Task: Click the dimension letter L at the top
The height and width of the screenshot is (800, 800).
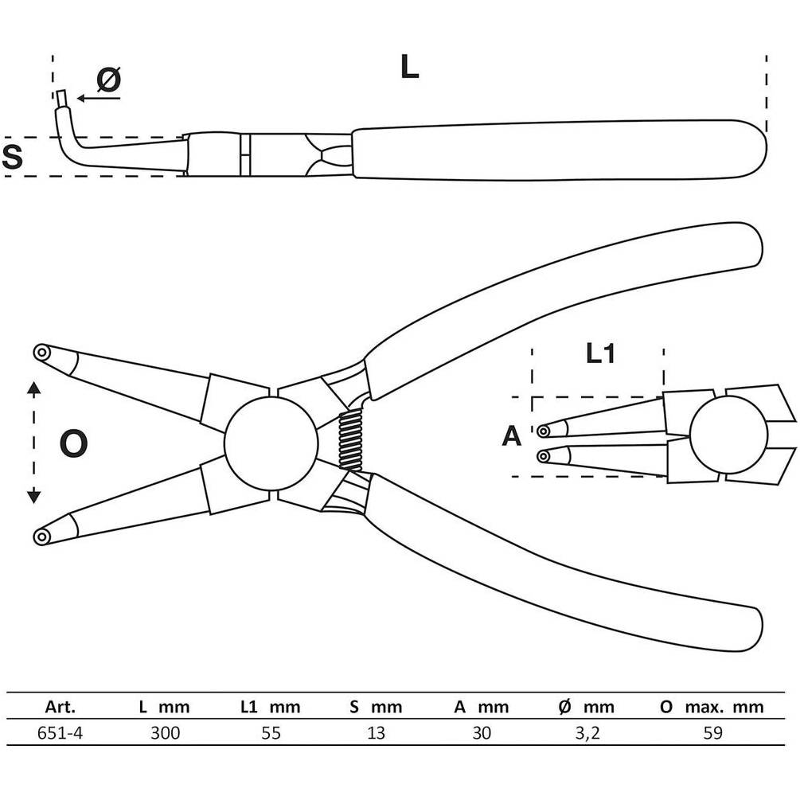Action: pyautogui.click(x=409, y=66)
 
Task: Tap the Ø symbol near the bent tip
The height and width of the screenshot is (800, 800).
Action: pyautogui.click(x=109, y=79)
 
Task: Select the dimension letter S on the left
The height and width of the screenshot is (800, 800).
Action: pyautogui.click(x=12, y=157)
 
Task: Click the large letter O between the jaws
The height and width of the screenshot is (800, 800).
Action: pyautogui.click(x=73, y=443)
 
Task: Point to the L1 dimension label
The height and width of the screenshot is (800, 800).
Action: pyautogui.click(x=600, y=353)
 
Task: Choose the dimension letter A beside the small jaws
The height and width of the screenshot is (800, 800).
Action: pyautogui.click(x=512, y=436)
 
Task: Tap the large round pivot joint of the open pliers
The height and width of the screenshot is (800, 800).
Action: pyautogui.click(x=271, y=443)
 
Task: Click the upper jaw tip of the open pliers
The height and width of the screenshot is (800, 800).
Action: pyautogui.click(x=41, y=353)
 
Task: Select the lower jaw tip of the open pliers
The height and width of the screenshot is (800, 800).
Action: pyautogui.click(x=41, y=537)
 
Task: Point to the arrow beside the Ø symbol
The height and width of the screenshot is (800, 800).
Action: pyautogui.click(x=99, y=98)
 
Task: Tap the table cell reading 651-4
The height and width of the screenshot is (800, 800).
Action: pyautogui.click(x=60, y=733)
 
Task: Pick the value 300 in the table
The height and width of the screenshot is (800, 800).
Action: pyautogui.click(x=166, y=733)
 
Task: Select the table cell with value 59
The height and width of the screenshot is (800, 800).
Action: pyautogui.click(x=713, y=733)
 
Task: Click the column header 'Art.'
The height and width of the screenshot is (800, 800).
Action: pyautogui.click(x=60, y=707)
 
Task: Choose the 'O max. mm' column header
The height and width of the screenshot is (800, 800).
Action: pyautogui.click(x=712, y=707)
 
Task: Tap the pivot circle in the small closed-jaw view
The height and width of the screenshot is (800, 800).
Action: pyautogui.click(x=728, y=434)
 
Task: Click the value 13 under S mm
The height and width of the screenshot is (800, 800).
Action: pyautogui.click(x=376, y=733)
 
